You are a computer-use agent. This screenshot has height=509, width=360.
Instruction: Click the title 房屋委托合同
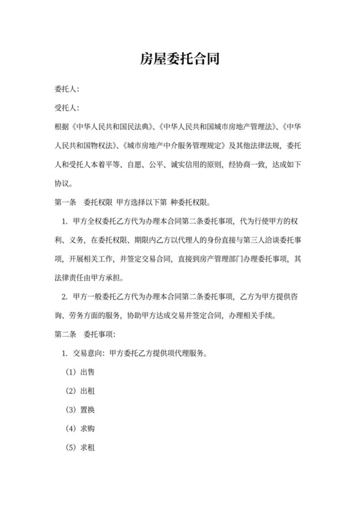(x=180, y=60)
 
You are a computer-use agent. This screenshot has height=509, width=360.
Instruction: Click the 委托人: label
(x=67, y=90)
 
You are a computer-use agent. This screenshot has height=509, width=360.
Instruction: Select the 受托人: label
(x=67, y=108)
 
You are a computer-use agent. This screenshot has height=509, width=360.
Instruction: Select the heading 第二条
(x=64, y=335)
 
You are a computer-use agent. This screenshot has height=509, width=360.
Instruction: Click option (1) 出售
(x=80, y=371)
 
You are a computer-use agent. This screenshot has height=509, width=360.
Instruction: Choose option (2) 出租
(x=80, y=390)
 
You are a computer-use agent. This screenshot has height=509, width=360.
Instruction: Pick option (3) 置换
(x=80, y=409)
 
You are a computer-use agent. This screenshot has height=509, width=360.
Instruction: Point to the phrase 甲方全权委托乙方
(x=103, y=222)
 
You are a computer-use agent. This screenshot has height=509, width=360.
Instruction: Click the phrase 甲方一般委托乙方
(x=103, y=297)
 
